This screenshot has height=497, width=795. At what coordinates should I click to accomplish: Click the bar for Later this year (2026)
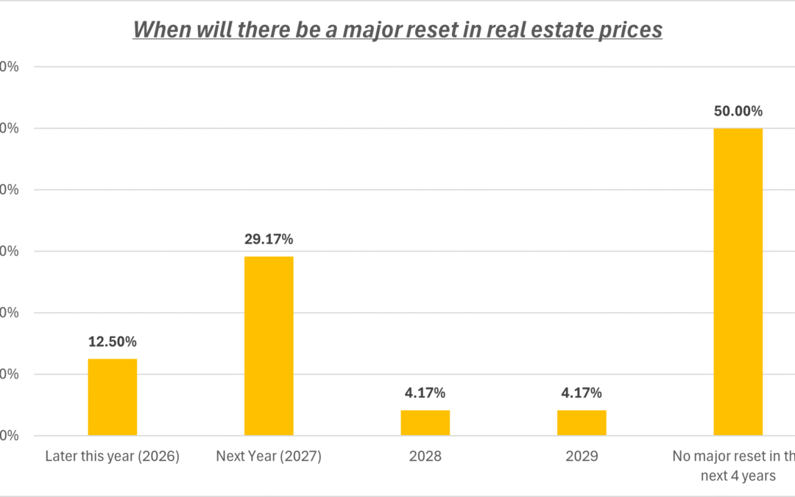[x=112, y=397]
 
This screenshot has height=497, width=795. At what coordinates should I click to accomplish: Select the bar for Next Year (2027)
[x=269, y=345]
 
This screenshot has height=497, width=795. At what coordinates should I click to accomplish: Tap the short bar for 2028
[x=425, y=423]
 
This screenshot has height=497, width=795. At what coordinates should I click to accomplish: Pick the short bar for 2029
[x=582, y=423]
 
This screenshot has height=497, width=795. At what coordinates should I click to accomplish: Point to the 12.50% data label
[x=112, y=342]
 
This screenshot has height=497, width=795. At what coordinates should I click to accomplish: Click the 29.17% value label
[x=269, y=239]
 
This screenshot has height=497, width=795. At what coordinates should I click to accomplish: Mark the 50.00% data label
[x=738, y=111]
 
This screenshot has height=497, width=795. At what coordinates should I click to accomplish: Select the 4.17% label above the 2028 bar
[x=425, y=393]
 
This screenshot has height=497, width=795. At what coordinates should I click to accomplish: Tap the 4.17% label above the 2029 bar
[x=582, y=393]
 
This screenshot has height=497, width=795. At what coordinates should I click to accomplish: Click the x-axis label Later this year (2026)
[x=112, y=457]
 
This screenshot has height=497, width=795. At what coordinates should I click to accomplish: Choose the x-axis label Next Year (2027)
[x=269, y=457]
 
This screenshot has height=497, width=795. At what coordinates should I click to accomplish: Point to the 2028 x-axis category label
[x=425, y=457]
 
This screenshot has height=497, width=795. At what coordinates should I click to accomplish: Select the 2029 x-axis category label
[x=582, y=457]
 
